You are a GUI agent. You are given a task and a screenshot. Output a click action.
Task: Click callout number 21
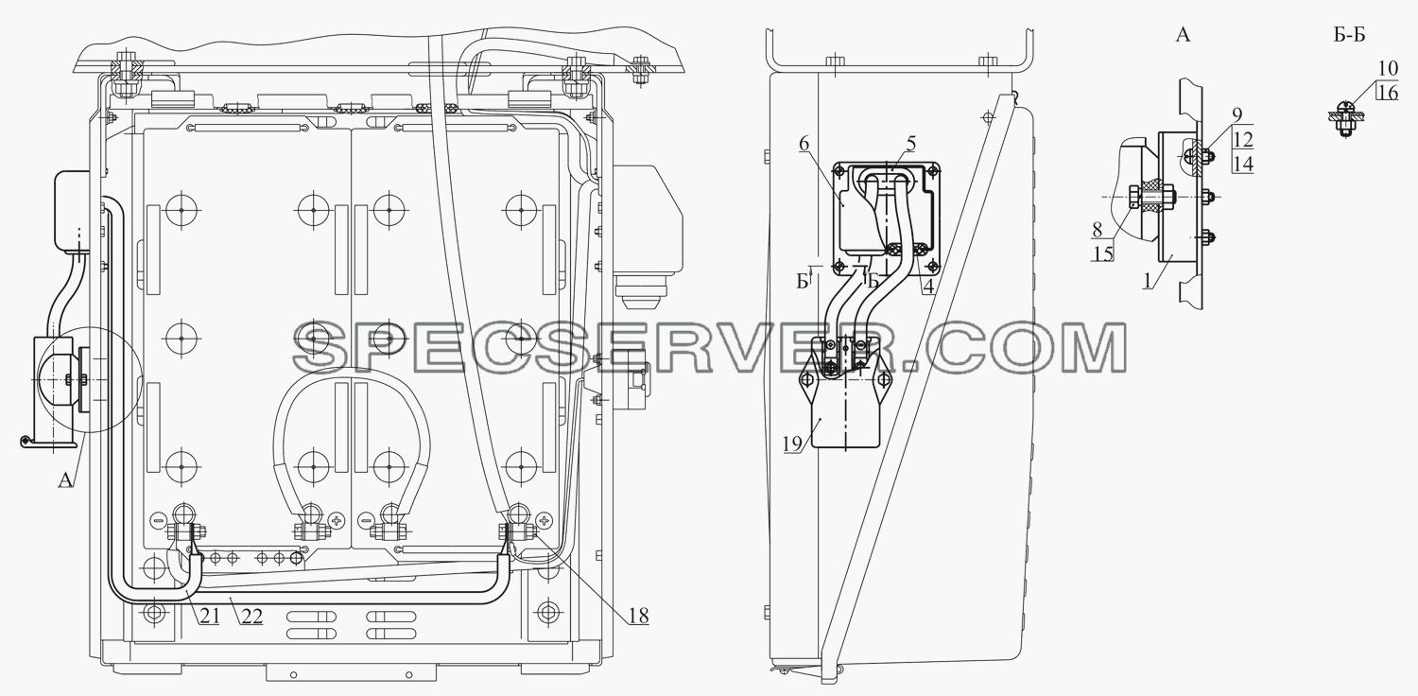coord(210,616)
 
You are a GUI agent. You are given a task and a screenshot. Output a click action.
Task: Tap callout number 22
coord(252,616)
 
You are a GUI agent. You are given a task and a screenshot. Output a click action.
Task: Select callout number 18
coord(639,616)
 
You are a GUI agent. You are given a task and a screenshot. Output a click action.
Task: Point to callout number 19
coord(792,444)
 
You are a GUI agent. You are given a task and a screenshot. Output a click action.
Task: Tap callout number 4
coord(928,287)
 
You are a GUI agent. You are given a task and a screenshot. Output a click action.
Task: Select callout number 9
coord(1236,114)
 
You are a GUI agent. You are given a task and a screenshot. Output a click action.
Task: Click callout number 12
coord(1243,139)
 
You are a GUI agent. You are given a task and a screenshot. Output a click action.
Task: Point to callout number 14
coord(1243,164)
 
